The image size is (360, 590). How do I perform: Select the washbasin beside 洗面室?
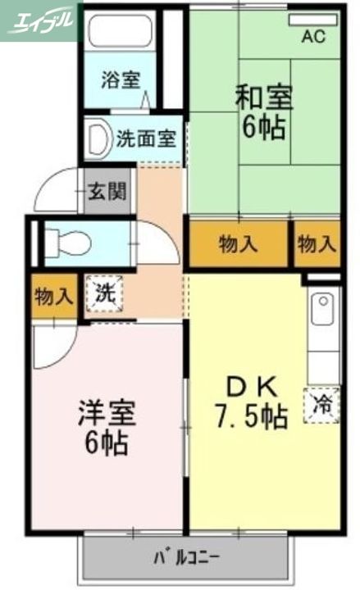click(x=98, y=137)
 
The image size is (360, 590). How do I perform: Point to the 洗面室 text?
click(x=145, y=138)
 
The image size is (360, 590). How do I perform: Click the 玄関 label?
click(x=107, y=193)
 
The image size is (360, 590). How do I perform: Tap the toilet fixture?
click(x=69, y=242)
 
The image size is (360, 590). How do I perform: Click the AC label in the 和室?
click(x=313, y=35)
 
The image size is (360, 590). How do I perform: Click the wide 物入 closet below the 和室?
click(x=239, y=243)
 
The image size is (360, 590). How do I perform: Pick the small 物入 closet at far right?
click(x=317, y=243)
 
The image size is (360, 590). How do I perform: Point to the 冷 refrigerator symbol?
click(x=323, y=404)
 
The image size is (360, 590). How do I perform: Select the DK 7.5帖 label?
click(x=252, y=402)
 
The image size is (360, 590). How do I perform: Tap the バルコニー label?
click(x=186, y=560)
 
